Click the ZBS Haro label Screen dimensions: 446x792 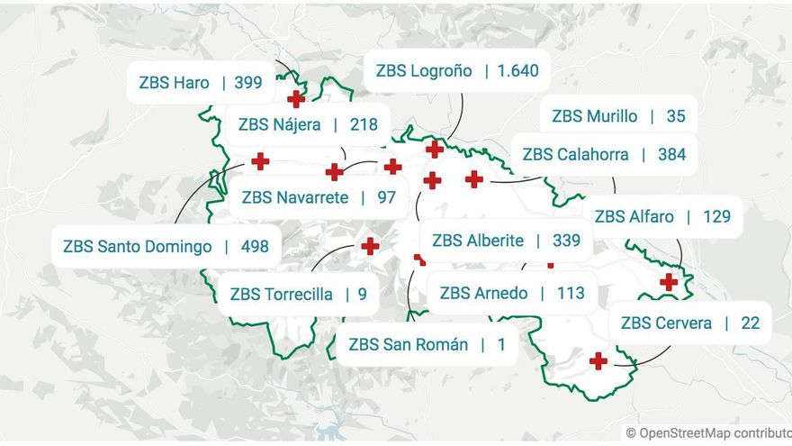click(x=174, y=83)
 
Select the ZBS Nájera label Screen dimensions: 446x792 click(x=279, y=124)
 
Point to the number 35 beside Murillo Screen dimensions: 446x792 click(x=676, y=116)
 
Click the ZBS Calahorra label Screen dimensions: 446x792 click(x=575, y=154)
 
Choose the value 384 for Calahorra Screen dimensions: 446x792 click(x=671, y=154)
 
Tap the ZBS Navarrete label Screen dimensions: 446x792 click(x=294, y=197)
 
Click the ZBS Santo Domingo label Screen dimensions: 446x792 click(x=138, y=246)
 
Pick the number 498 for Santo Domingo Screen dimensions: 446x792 click(x=255, y=246)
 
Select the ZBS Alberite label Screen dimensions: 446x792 click(x=477, y=241)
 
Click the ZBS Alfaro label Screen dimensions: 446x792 click(x=634, y=216)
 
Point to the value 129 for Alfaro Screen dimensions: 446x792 click(x=716, y=216)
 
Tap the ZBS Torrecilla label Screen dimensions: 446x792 click(x=281, y=294)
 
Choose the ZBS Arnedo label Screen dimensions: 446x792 click(x=483, y=293)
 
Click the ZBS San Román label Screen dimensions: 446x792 click(x=408, y=344)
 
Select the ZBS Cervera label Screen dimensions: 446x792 click(x=666, y=323)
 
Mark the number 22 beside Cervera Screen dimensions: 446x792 click(x=751, y=323)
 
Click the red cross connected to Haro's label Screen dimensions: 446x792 click(x=296, y=99)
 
